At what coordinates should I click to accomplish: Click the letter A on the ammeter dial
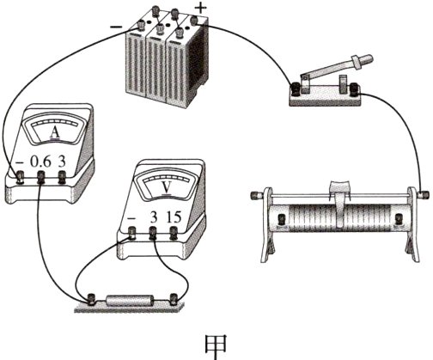pos(55,133)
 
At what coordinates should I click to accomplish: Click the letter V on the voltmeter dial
pos(167,188)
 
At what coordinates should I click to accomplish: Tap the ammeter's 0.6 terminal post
pos(41,177)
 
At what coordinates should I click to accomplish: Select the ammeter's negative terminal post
pos(21,177)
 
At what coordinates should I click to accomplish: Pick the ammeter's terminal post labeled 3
pos(62,177)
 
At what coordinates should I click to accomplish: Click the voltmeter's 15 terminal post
pos(174,233)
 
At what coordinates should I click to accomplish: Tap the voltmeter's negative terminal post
pos(131,233)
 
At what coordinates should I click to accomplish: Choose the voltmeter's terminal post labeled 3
pos(153,233)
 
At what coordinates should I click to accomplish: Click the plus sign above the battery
pos(201,9)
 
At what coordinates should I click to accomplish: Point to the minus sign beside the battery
pos(116,27)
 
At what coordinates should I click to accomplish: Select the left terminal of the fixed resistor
pos(92,299)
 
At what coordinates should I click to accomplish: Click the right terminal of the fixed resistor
pos(174,299)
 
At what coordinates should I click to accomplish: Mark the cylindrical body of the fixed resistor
pos(130,301)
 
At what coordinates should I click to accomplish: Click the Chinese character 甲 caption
pos(216,346)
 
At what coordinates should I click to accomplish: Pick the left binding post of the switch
pos(295,88)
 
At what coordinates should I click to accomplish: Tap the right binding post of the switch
pos(354,88)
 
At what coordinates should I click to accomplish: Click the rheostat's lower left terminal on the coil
pos(282,220)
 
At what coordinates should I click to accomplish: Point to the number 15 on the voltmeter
pos(174,217)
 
